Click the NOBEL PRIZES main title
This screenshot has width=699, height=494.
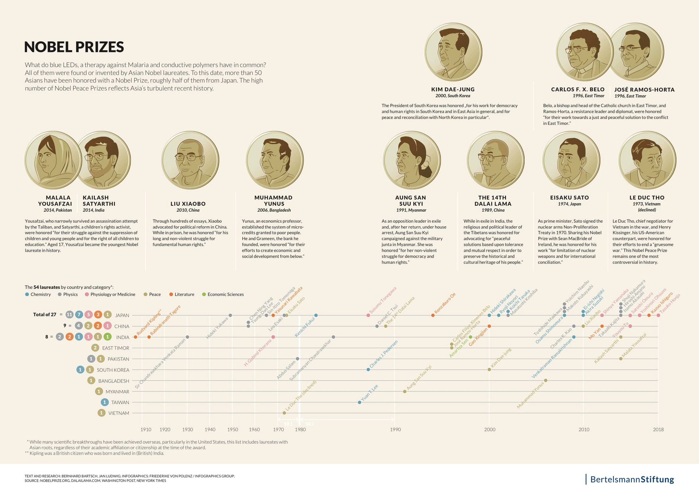pyautogui.click(x=74, y=47)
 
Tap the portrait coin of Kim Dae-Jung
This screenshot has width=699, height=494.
pyautogui.click(x=453, y=52)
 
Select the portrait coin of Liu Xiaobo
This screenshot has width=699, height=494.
pyautogui.click(x=190, y=160)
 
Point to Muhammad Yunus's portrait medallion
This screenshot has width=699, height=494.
pyautogui.click(x=275, y=160)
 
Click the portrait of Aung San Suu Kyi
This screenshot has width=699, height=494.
pyautogui.click(x=411, y=160)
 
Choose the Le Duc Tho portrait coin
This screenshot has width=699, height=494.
pyautogui.click(x=647, y=160)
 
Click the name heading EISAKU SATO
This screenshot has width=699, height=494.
pyautogui.click(x=569, y=198)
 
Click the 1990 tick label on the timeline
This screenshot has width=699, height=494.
pyautogui.click(x=395, y=430)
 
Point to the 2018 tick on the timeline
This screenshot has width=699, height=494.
pyautogui.click(x=658, y=430)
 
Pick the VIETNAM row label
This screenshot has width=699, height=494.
pyautogui.click(x=119, y=413)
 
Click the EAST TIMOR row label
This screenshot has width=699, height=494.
pyautogui.click(x=116, y=348)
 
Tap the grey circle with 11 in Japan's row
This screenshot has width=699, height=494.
pyautogui.click(x=69, y=315)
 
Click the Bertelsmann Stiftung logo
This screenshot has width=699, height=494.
pyautogui.click(x=631, y=479)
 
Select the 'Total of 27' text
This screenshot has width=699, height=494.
pyautogui.click(x=44, y=315)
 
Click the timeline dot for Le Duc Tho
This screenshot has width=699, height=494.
pyautogui.click(x=284, y=413)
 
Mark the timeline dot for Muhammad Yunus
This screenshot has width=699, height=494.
pyautogui.click(x=545, y=381)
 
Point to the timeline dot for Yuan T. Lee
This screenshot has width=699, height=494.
pyautogui.click(x=360, y=402)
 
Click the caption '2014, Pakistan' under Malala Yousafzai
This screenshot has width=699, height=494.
pyautogui.click(x=58, y=210)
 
